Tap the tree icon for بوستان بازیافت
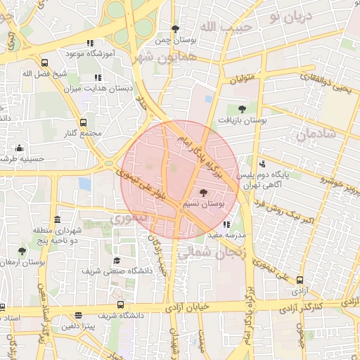click(242, 109)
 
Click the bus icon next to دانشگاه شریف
click(120, 305)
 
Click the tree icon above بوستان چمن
click(176, 30)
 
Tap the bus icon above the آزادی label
click(300, 281)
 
